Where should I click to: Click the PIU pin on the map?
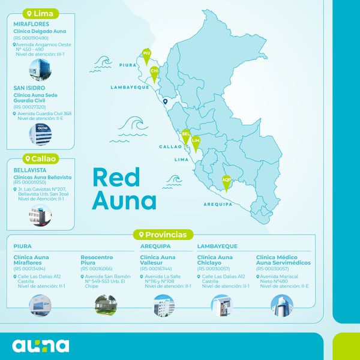click(x=146, y=56)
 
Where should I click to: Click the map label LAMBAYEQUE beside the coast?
click(x=130, y=87)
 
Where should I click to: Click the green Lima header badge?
click(x=39, y=13)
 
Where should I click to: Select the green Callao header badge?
click(x=40, y=159)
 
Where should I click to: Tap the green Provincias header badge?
click(x=166, y=235)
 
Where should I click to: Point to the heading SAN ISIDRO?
click(x=29, y=88)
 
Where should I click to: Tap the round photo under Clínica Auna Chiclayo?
click(x=221, y=305)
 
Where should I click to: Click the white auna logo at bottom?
click(x=41, y=346)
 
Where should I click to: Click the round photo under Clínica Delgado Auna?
click(x=40, y=69)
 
